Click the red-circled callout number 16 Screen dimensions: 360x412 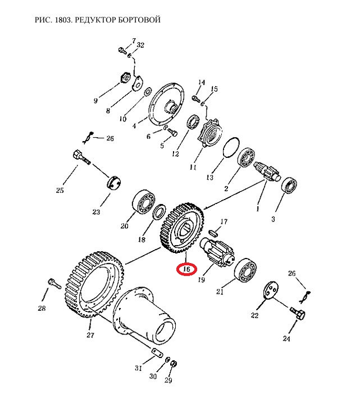pos(186,269)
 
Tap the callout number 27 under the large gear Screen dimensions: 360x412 pos(90,335)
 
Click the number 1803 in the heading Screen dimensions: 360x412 pos(63,20)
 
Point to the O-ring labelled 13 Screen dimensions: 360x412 pos(231,148)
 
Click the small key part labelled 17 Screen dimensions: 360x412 pos(213,233)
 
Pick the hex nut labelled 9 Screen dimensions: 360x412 pos(125,78)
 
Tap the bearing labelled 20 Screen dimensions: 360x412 pos(143,202)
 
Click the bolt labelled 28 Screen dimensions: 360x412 pos(54,284)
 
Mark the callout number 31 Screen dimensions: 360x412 pos(138,368)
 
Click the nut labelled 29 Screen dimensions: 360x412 pos(174,364)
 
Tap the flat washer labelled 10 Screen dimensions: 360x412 pos(148,92)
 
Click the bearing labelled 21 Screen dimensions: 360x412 pos(245,270)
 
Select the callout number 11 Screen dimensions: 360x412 pos(193,167)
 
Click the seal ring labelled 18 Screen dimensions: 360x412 pos(160,212)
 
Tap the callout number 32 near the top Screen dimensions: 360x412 pos(140,45)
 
